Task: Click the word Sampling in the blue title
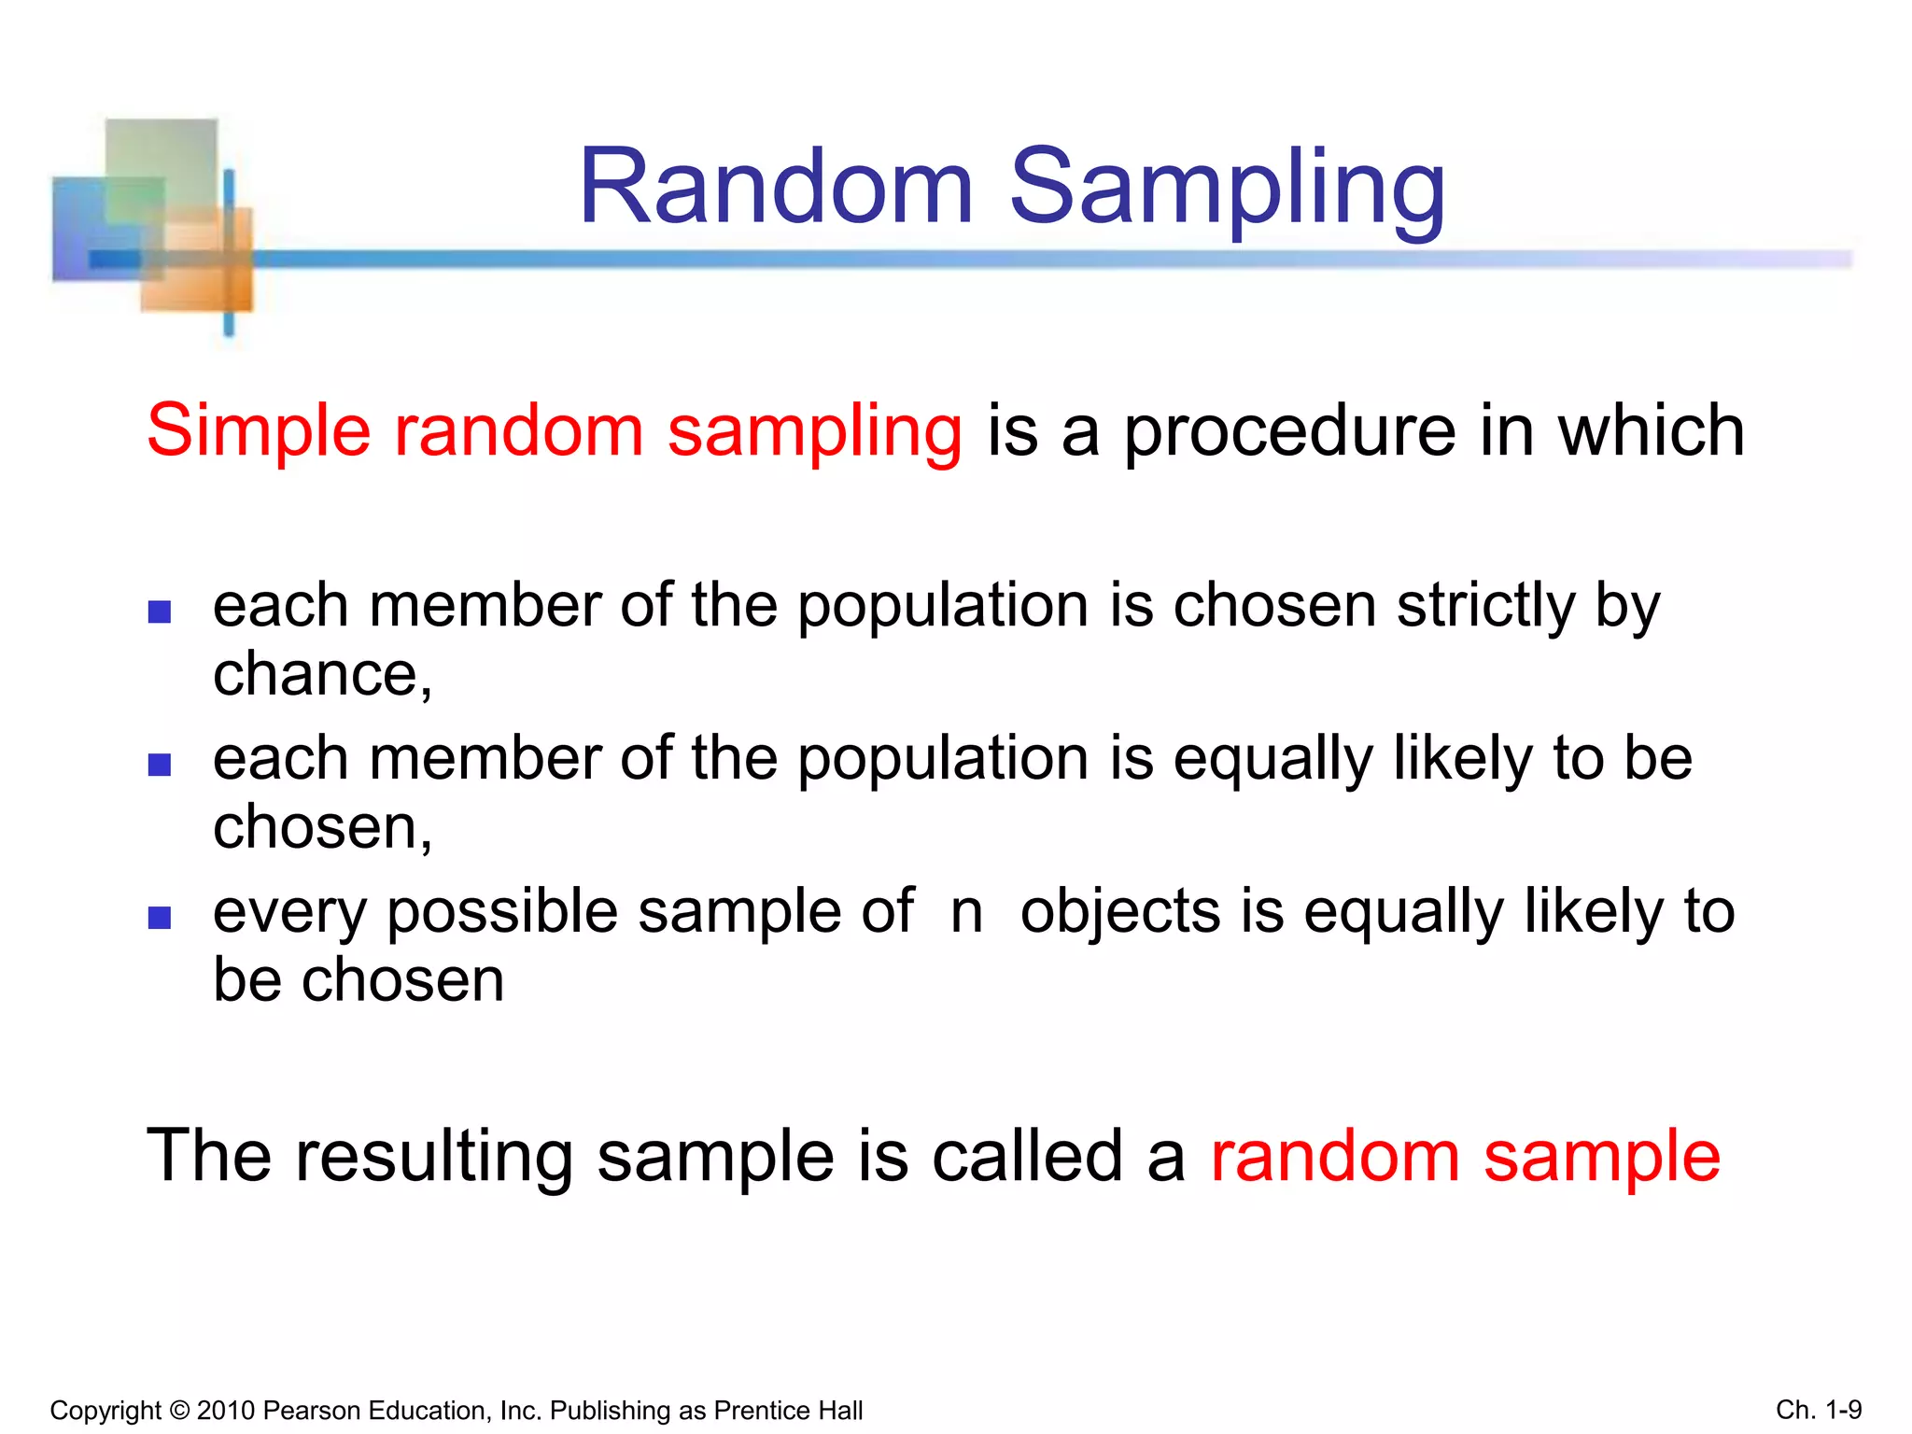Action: coord(1228,191)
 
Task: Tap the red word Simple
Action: coord(259,431)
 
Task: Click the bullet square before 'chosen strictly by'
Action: coord(160,612)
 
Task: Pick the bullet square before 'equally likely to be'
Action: coord(160,765)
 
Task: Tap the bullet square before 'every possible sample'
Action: coord(160,918)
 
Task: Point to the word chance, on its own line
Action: coord(323,675)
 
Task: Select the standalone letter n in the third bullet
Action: coord(967,913)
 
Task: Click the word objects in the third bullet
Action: coord(1119,913)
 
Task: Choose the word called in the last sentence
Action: coord(1027,1156)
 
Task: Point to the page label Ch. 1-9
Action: coord(1819,1410)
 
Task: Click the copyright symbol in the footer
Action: coord(179,1411)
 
